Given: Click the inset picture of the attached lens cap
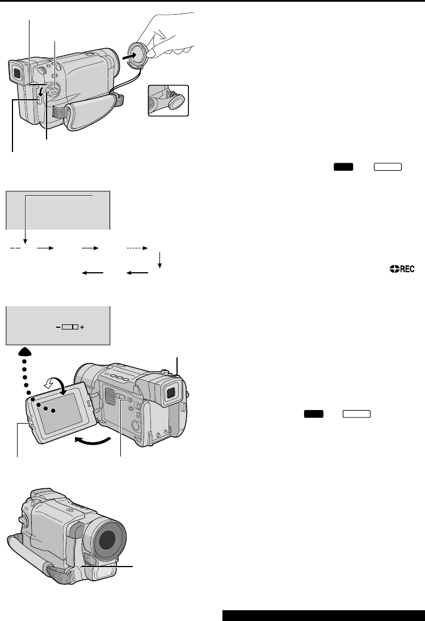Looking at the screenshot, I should click(x=169, y=101).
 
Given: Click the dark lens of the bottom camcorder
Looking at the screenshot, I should click(x=105, y=539).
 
